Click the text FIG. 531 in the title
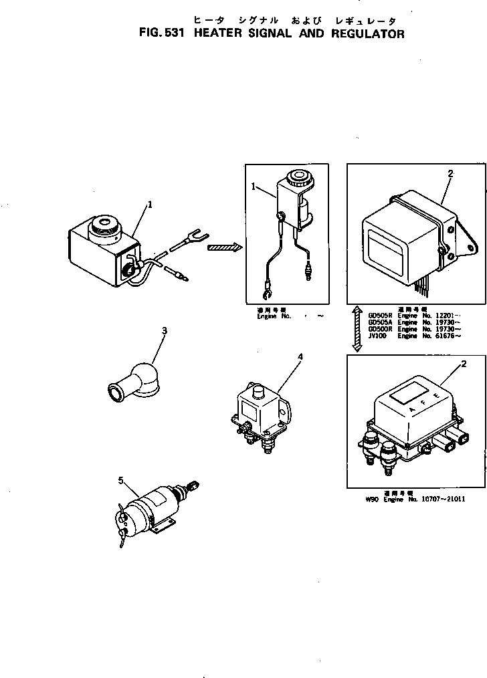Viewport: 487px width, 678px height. (158, 33)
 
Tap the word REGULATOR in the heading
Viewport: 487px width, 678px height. (367, 33)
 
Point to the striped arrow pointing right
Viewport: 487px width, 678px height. (223, 247)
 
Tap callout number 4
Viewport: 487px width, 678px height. (300, 357)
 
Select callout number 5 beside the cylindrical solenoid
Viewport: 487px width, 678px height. (121, 480)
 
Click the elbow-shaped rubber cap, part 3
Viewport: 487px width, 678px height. (134, 382)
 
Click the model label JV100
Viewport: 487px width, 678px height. (376, 336)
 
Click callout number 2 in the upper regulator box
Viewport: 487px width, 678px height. (450, 174)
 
